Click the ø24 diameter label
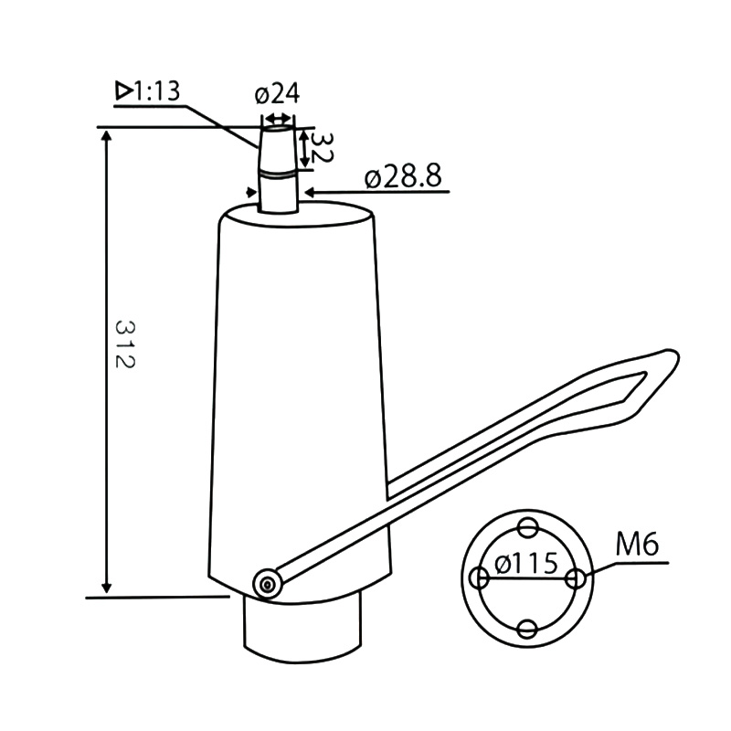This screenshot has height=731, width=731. tap(278, 94)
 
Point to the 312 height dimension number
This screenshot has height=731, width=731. tap(125, 344)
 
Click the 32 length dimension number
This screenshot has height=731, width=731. tap(321, 147)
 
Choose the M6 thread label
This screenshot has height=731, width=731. tap(637, 545)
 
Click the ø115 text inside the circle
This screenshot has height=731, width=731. tap(526, 563)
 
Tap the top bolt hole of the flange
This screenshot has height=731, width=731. tap(527, 528)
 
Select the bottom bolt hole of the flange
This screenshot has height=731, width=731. tap(527, 629)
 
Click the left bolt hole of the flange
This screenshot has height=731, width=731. tap(479, 578)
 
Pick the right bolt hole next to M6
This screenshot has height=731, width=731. tap(576, 578)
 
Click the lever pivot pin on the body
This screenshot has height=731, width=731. tap(267, 582)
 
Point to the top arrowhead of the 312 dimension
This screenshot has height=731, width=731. tap(108, 135)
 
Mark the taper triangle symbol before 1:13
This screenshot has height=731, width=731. tap(122, 90)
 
